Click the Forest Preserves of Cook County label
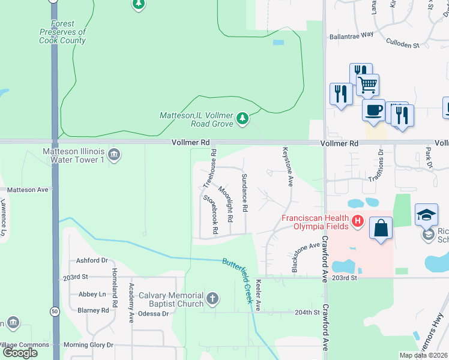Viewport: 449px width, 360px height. (62, 32)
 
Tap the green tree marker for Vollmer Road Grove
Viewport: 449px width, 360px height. (243, 118)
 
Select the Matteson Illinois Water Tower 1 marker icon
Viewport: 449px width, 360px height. (115, 156)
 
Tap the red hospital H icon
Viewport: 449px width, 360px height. (358, 221)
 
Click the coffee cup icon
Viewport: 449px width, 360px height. (373, 110)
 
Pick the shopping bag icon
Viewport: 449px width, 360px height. (381, 227)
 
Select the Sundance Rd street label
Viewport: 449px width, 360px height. (244, 193)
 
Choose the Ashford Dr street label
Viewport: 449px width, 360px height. (91, 260)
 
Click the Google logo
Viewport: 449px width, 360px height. (19, 352)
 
